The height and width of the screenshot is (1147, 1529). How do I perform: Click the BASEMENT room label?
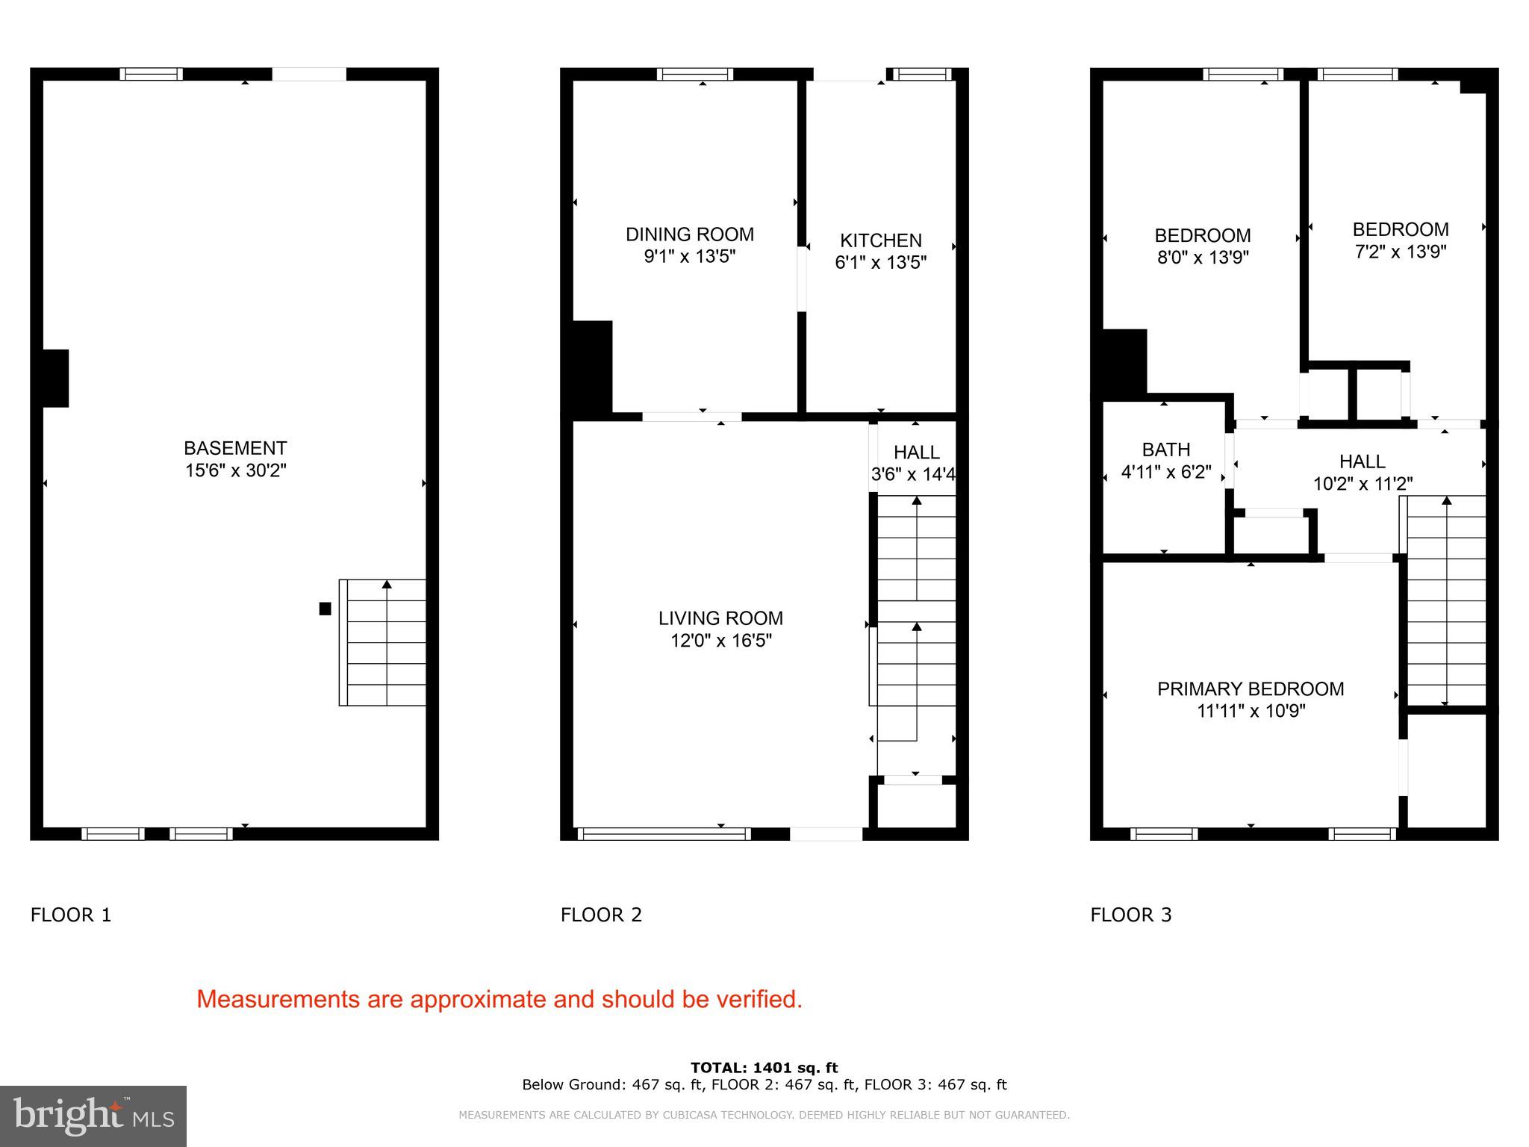(x=235, y=448)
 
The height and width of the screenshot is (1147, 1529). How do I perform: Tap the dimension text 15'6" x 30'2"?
(x=236, y=470)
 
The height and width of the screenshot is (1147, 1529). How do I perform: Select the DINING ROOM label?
(x=689, y=234)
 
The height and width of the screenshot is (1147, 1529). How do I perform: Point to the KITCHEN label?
(x=880, y=240)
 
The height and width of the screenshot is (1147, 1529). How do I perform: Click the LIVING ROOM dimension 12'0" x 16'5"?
(x=720, y=641)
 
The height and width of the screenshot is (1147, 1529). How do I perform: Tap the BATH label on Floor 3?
(x=1165, y=450)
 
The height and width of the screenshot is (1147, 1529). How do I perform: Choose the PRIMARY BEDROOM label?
(x=1251, y=688)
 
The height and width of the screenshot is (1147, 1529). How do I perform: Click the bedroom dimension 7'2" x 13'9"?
(x=1401, y=252)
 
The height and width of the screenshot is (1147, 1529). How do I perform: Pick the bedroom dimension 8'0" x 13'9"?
(x=1203, y=258)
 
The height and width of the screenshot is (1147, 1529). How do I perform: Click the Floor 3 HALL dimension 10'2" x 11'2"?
(x=1363, y=484)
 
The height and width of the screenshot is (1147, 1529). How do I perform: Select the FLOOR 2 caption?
(x=601, y=915)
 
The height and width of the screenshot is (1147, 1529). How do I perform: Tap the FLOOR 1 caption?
(x=71, y=915)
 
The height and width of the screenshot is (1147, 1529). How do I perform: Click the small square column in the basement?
(x=325, y=609)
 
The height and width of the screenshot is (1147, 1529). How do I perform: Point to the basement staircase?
(x=383, y=642)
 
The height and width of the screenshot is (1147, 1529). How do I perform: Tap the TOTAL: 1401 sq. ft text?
(x=764, y=1068)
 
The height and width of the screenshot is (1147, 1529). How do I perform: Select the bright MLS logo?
(x=93, y=1116)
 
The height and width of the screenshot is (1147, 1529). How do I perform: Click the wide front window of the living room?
(x=663, y=834)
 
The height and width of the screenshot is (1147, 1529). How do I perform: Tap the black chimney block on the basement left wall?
(x=55, y=379)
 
